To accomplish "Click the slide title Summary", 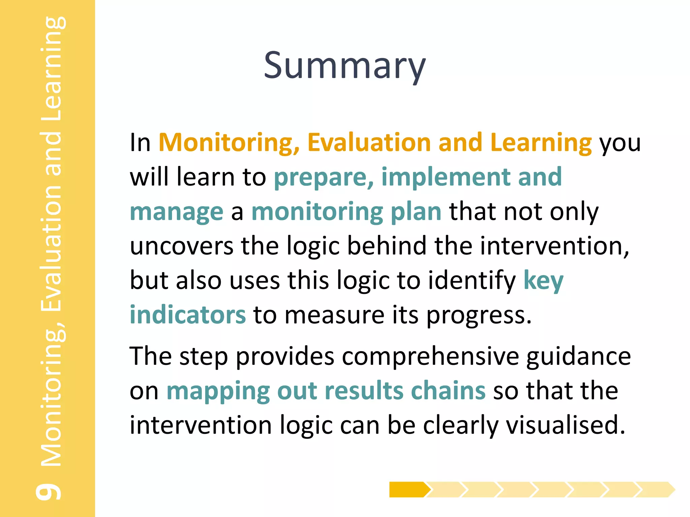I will (344, 66).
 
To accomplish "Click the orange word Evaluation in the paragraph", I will (369, 142).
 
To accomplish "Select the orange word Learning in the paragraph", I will (541, 143).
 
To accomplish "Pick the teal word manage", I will (177, 212).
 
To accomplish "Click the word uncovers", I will (181, 246).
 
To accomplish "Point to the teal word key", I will (543, 281).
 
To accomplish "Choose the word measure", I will (334, 315).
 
